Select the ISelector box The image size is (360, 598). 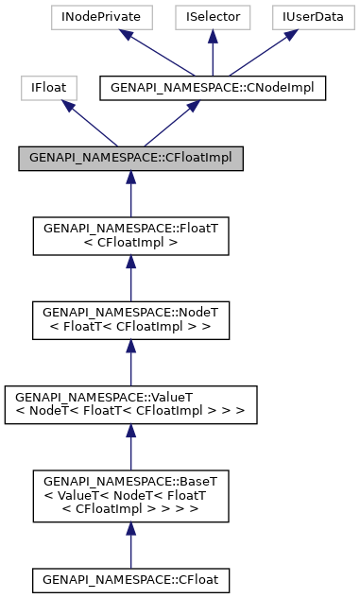coord(213,18)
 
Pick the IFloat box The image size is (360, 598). coord(48,88)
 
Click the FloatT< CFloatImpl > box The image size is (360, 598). coord(130,235)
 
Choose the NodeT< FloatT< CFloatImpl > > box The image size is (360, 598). coord(130,319)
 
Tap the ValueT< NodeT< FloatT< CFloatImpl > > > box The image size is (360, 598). coord(130,403)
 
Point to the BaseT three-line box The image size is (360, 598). coord(130,495)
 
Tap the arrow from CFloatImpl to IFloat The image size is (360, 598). coord(90,123)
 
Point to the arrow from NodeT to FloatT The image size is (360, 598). coord(130,279)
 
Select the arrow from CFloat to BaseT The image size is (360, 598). coord(130,544)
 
